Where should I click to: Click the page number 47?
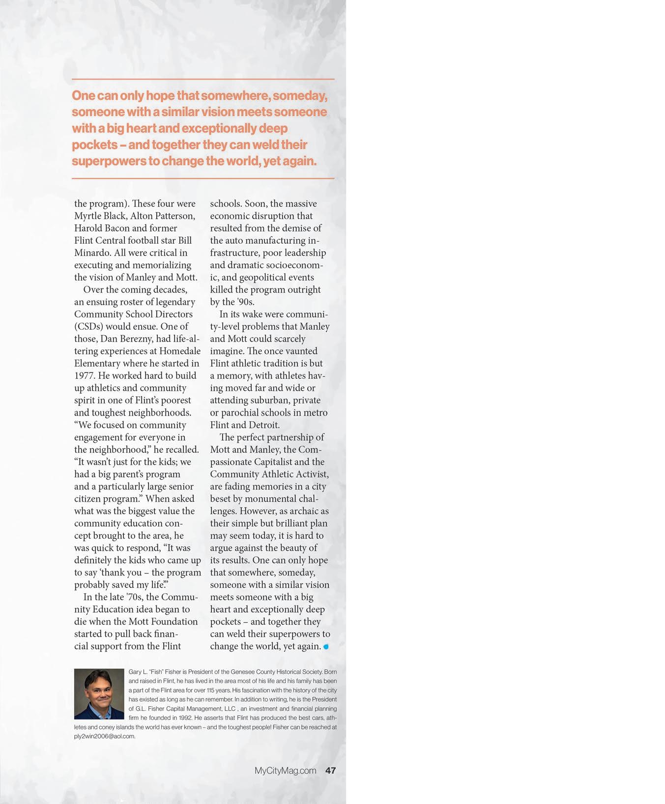click(x=330, y=770)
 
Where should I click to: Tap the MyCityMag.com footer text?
click(x=285, y=770)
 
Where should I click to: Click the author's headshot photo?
click(x=99, y=693)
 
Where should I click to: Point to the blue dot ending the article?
click(x=326, y=647)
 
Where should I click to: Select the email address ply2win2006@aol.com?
click(x=104, y=736)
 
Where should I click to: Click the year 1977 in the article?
click(x=85, y=376)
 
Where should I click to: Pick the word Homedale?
click(x=180, y=351)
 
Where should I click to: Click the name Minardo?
click(x=92, y=253)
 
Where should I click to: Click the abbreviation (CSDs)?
click(x=89, y=326)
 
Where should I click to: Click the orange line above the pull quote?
click(x=203, y=79)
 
